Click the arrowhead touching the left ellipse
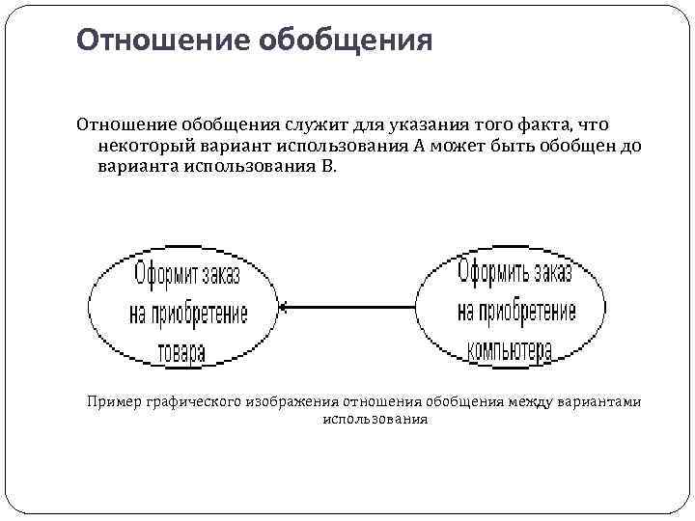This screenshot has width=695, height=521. (284, 308)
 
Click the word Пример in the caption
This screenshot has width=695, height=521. (113, 401)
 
